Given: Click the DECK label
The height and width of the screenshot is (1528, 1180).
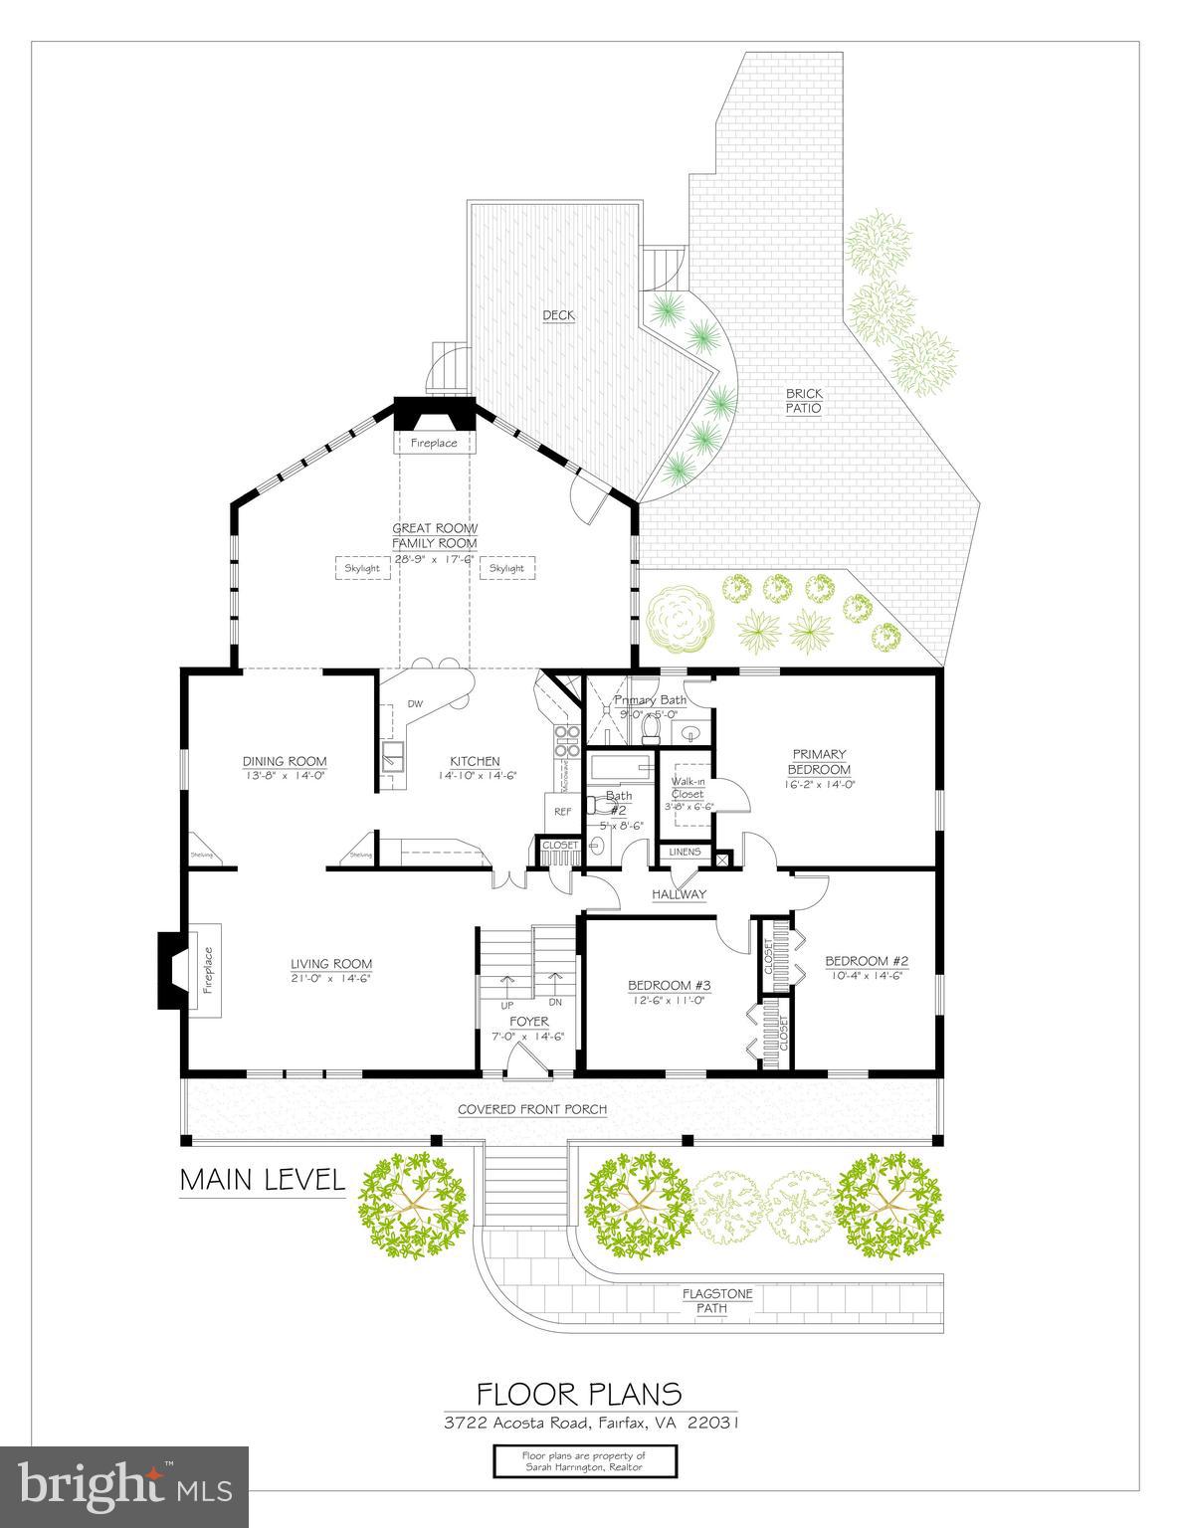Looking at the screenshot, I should click(x=558, y=315).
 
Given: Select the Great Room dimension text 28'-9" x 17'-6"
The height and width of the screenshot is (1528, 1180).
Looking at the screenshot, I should click(x=435, y=559).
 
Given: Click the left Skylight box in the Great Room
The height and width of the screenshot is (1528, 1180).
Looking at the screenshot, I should click(x=362, y=568).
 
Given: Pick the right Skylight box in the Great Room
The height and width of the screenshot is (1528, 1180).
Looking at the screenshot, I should click(x=506, y=568).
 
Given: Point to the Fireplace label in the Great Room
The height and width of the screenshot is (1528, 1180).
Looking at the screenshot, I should click(x=434, y=443).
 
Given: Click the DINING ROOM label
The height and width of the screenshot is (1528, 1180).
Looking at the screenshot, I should click(x=285, y=762).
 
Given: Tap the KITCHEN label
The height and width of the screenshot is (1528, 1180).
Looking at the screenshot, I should click(x=478, y=762).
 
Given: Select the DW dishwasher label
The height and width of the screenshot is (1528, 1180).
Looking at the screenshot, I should click(x=415, y=704).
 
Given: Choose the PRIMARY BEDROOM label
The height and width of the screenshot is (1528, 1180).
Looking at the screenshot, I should click(x=819, y=762).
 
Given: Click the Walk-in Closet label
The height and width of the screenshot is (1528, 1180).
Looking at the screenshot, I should click(x=688, y=788).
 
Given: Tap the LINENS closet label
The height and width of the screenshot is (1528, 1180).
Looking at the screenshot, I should click(x=685, y=852).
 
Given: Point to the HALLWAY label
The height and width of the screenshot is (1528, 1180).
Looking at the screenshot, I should click(x=679, y=893).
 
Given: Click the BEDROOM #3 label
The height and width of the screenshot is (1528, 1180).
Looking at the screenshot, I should click(x=668, y=986).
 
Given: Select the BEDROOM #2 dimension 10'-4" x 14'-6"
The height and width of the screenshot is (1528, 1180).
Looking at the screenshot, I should click(x=866, y=976).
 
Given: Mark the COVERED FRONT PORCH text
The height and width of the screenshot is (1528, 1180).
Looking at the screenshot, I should click(x=532, y=1109).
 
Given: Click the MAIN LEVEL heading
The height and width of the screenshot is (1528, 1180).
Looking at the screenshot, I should click(x=263, y=1180).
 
